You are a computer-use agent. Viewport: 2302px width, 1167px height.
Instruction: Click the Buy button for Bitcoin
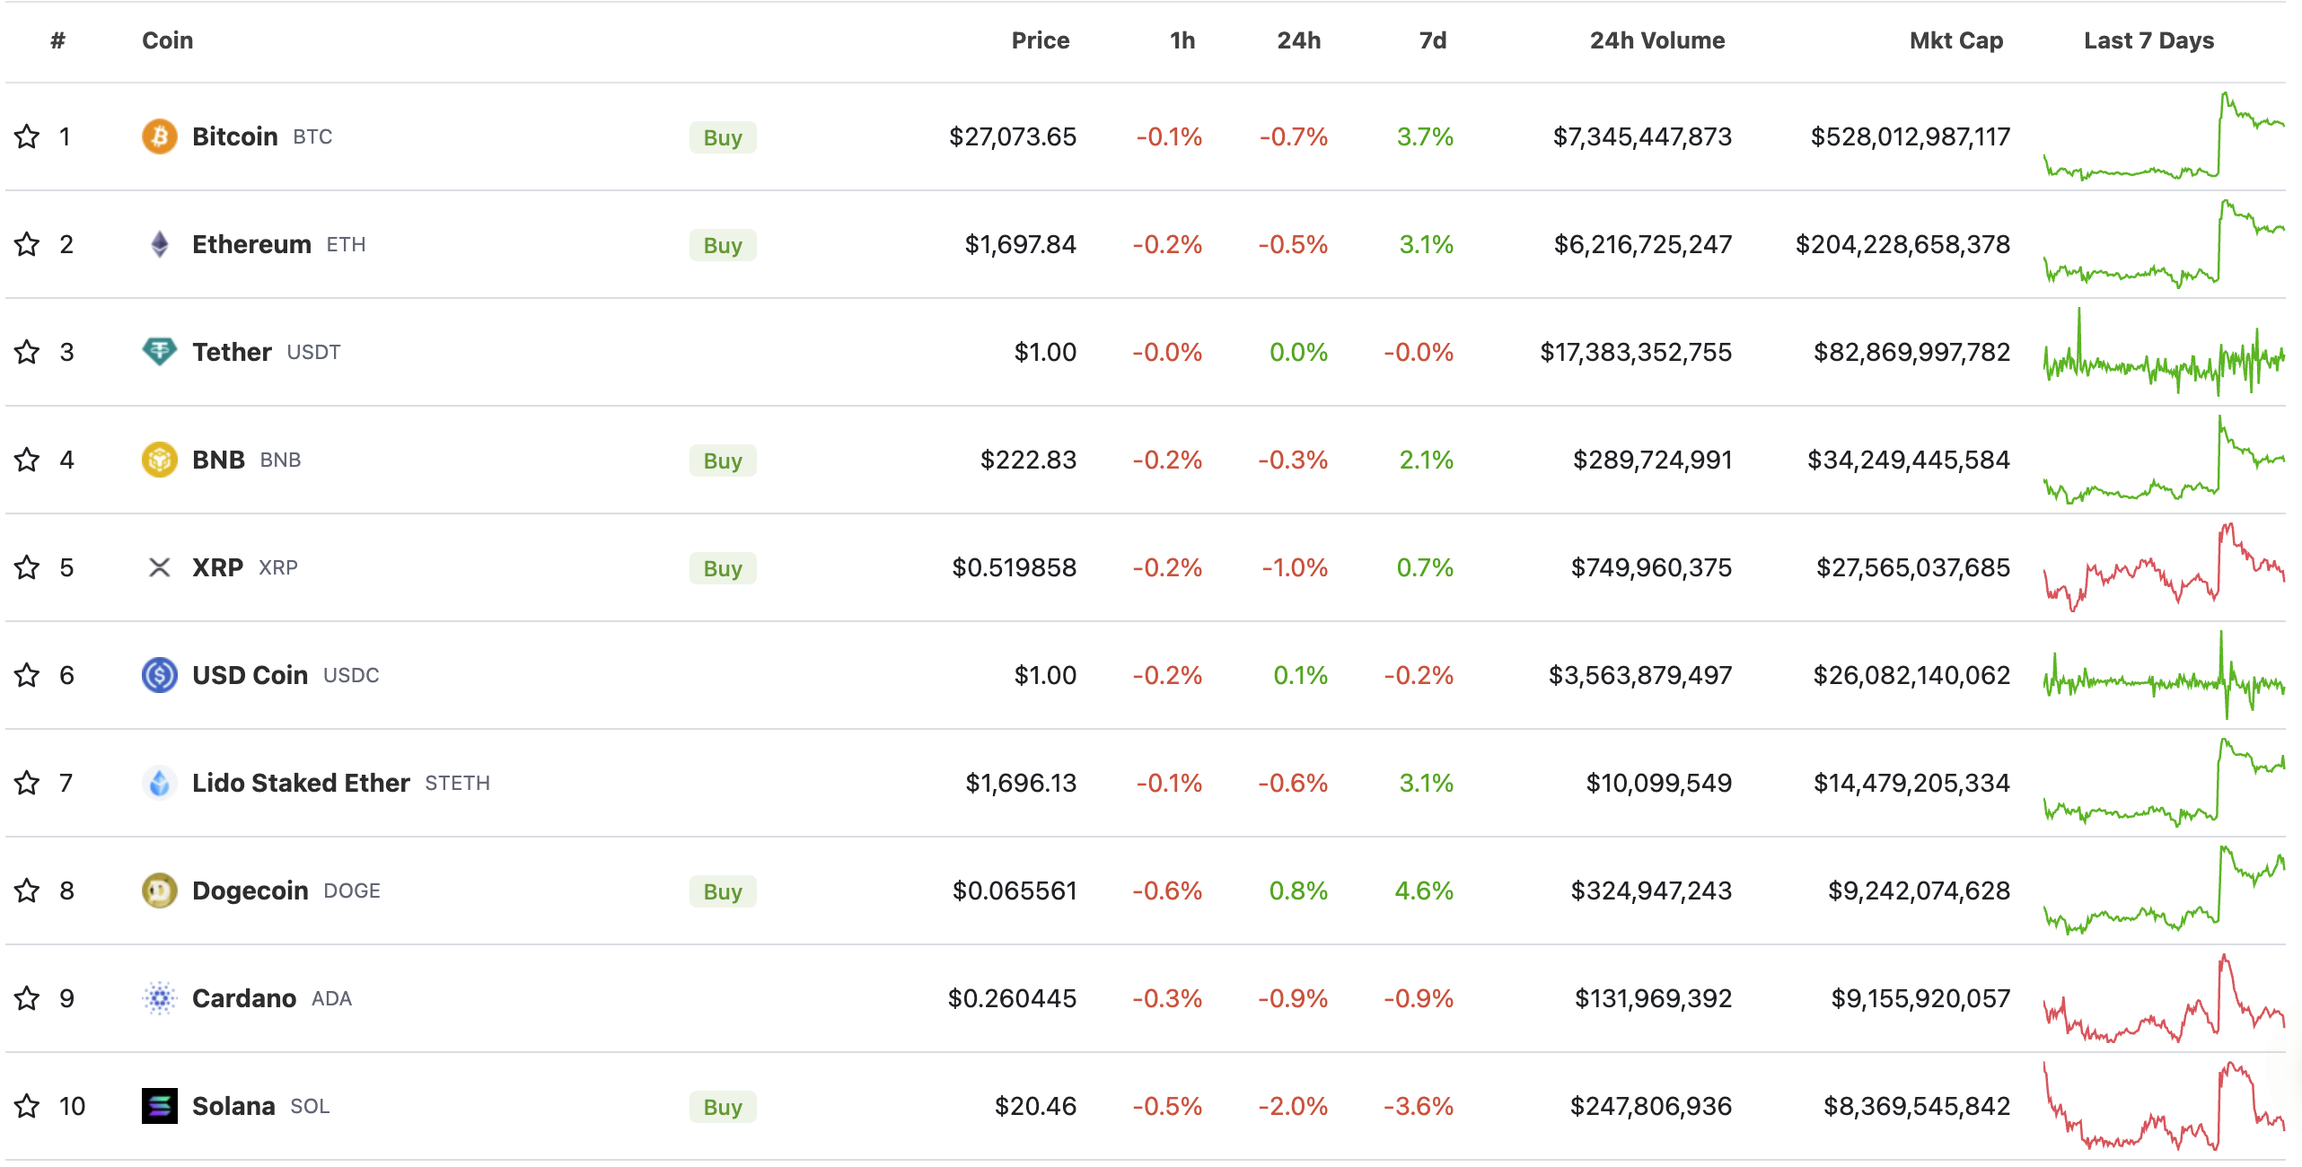click(x=722, y=137)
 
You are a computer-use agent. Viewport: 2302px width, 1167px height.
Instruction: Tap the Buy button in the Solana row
click(x=722, y=1107)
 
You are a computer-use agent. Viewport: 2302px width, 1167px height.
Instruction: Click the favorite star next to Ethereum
click(x=27, y=244)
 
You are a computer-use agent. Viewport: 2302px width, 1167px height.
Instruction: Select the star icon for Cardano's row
click(x=27, y=998)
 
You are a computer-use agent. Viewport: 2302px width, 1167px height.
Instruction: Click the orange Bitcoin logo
click(x=159, y=136)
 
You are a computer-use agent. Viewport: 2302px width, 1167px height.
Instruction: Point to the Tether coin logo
click(x=159, y=351)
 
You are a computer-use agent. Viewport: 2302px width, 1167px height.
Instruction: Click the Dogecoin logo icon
click(x=159, y=891)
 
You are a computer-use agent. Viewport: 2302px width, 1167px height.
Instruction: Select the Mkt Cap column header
click(x=1955, y=40)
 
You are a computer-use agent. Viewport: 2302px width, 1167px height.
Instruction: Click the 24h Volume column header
click(x=1656, y=40)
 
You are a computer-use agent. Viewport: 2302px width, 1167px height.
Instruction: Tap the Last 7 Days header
click(x=2148, y=40)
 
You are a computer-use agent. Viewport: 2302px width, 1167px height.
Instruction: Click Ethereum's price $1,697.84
click(x=1020, y=244)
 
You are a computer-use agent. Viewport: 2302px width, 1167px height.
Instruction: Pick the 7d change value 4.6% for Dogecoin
click(x=1424, y=891)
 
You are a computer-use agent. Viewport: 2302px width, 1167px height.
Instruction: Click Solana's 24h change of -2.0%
click(x=1292, y=1106)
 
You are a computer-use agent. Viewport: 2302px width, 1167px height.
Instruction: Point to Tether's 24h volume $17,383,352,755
click(x=1636, y=352)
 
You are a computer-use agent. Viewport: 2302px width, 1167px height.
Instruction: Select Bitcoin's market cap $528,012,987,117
click(x=1910, y=136)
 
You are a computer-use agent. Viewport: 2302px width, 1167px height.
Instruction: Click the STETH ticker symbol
click(x=457, y=783)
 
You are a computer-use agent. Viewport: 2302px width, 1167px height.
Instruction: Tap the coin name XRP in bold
click(x=217, y=567)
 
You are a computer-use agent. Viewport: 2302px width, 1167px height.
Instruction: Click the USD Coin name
click(x=250, y=675)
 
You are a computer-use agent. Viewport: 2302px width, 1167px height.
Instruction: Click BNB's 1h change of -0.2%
click(x=1166, y=460)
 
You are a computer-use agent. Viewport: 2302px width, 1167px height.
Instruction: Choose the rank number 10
click(x=72, y=1106)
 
